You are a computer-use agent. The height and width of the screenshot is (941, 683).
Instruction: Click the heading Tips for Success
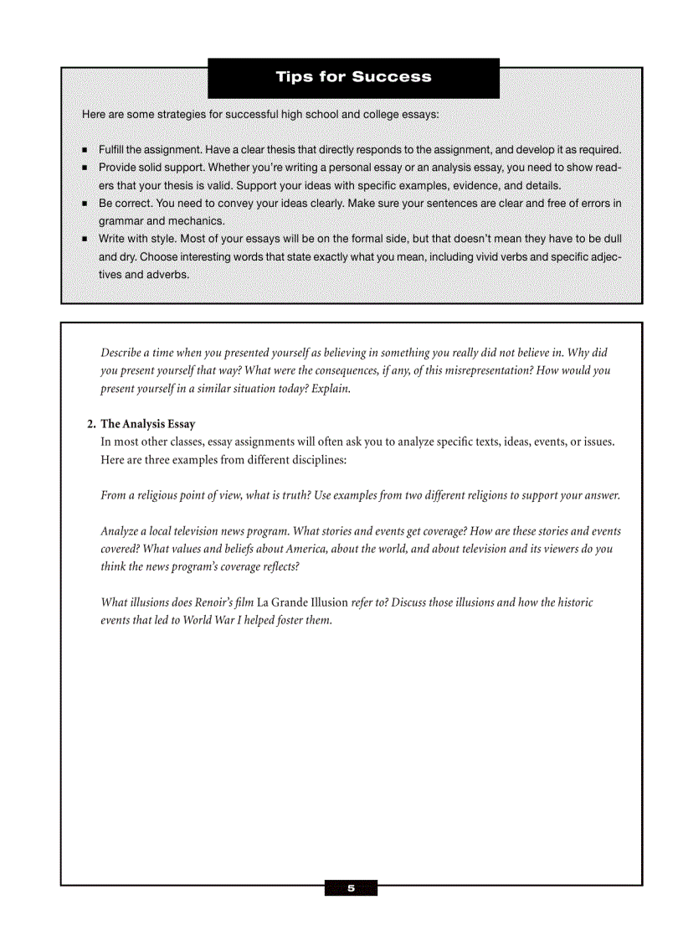pyautogui.click(x=353, y=77)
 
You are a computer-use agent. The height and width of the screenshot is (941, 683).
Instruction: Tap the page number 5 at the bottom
pyautogui.click(x=352, y=888)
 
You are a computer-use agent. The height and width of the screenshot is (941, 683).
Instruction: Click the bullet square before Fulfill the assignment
pyautogui.click(x=86, y=150)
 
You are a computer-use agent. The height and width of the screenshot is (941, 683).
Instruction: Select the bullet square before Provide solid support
pyautogui.click(x=86, y=168)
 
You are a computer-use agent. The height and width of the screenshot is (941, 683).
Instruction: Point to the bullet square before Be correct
pyautogui.click(x=86, y=204)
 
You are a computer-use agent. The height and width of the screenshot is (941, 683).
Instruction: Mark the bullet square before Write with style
pyautogui.click(x=86, y=240)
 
